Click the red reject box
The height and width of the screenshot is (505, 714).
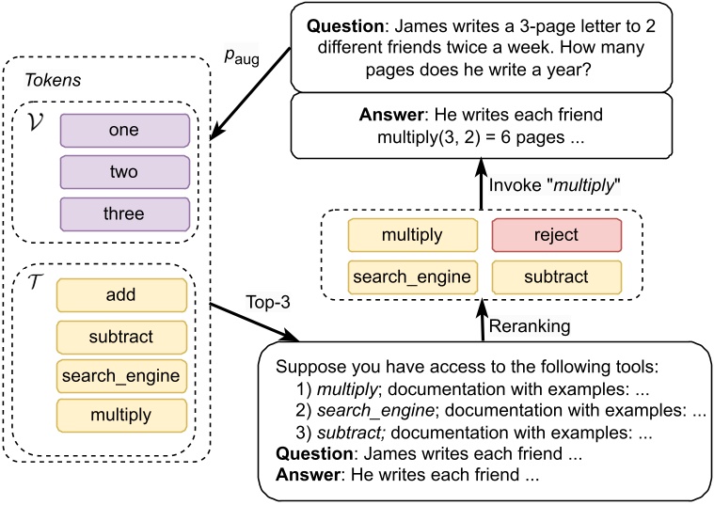pos(556,236)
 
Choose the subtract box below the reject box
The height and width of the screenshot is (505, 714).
pos(556,276)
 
